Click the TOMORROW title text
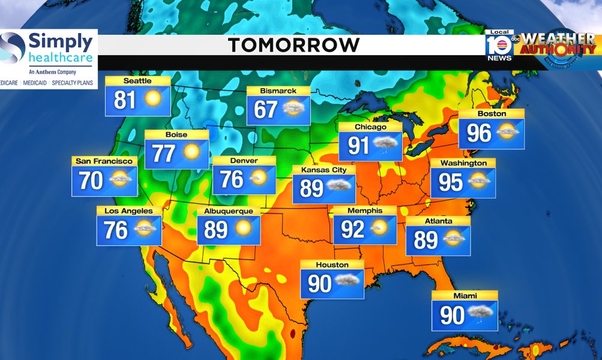click(293, 44)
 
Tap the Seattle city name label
click(137, 81)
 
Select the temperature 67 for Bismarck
click(266, 110)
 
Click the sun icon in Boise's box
click(191, 152)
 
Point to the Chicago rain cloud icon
click(384, 145)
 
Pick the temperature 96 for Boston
click(479, 133)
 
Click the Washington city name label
click(463, 163)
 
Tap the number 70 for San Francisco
click(92, 180)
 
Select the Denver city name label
click(244, 161)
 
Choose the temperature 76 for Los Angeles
click(116, 230)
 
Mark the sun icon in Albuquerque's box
click(243, 229)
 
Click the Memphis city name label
click(364, 211)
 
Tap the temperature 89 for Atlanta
click(426, 240)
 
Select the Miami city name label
click(465, 296)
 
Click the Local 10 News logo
click(499, 46)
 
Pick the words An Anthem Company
click(48, 72)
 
